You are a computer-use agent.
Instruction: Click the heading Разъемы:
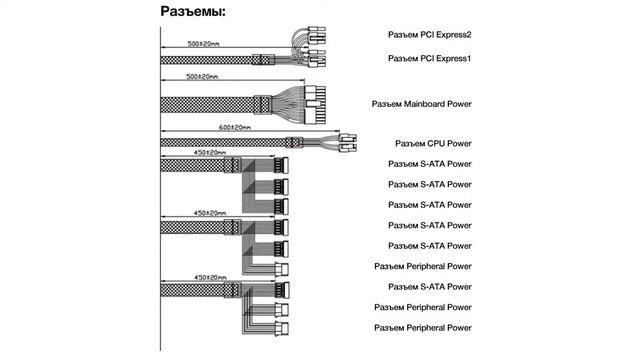tap(193, 11)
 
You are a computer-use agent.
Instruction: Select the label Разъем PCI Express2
tap(429, 35)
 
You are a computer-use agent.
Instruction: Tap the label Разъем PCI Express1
tap(429, 59)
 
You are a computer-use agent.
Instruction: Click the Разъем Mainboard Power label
tap(421, 104)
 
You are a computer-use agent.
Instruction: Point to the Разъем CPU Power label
tap(433, 144)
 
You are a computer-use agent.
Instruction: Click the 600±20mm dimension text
tap(235, 127)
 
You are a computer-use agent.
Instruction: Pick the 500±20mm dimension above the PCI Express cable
tap(203, 44)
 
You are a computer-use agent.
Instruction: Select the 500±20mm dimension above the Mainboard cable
tap(202, 77)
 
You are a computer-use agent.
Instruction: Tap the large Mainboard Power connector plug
tap(316, 105)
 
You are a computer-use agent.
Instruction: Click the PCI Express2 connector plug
tap(317, 36)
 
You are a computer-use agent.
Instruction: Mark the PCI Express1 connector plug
tap(317, 59)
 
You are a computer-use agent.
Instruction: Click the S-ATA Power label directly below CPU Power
tap(429, 164)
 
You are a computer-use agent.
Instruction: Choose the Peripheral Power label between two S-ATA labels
tap(422, 267)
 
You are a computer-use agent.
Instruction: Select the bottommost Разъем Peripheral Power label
tap(422, 328)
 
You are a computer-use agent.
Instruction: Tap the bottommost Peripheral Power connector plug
tap(282, 328)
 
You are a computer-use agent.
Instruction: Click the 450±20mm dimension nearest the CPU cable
tap(210, 153)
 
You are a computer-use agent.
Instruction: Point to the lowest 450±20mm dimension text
tap(210, 278)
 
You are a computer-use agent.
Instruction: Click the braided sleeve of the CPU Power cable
tap(223, 143)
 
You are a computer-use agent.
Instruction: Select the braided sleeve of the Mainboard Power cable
tap(207, 105)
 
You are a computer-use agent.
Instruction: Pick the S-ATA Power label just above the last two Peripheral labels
tap(429, 287)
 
